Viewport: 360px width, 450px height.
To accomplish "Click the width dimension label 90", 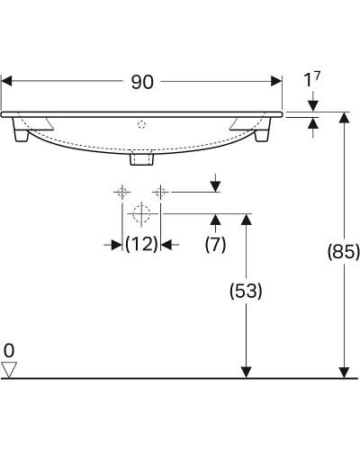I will click(141, 82).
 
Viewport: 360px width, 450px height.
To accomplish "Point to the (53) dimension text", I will click(243, 291).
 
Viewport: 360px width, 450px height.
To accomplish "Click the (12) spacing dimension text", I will click(141, 243).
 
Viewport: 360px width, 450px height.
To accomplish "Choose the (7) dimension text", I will click(215, 243).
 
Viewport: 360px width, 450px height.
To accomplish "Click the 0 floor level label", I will click(9, 349).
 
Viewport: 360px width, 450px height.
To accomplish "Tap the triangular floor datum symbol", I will click(10, 368).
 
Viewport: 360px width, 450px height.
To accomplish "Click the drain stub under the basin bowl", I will click(142, 159).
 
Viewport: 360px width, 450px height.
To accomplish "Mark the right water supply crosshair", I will click(160, 192).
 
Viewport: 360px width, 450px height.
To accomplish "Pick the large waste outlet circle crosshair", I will click(141, 214).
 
